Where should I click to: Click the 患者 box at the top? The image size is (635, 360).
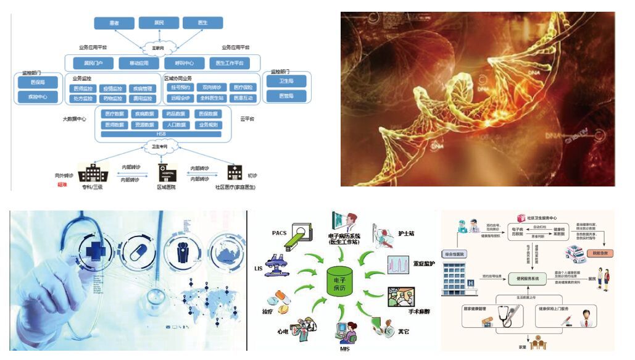[x=114, y=23]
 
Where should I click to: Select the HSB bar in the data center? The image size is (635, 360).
[x=161, y=133]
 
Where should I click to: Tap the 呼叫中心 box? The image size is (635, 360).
[x=185, y=63]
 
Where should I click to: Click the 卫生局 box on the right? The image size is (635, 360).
[x=286, y=82]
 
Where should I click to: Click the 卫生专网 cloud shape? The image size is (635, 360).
[x=161, y=147]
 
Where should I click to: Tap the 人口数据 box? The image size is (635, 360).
[x=178, y=124]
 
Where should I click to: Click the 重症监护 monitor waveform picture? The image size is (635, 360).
[x=399, y=264]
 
